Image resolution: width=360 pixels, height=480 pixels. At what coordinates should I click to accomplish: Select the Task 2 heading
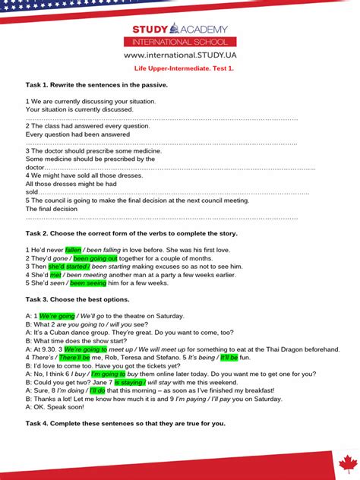131,233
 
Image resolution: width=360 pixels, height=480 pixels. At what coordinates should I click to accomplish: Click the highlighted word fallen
73,249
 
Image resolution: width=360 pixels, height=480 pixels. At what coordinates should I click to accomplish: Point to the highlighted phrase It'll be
229,357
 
